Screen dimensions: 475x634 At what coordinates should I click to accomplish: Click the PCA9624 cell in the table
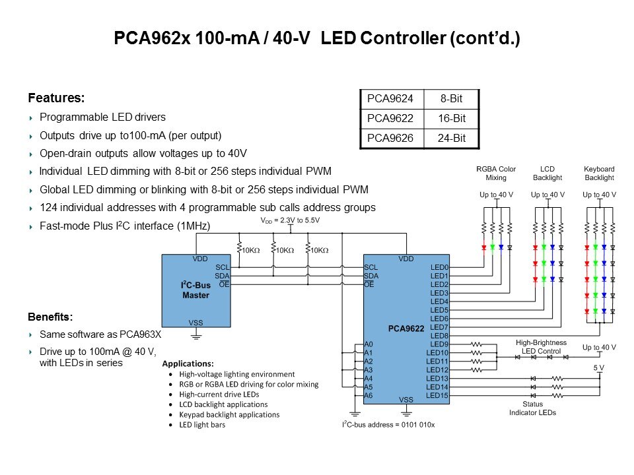(x=390, y=100)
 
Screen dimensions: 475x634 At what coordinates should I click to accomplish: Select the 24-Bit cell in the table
(x=450, y=139)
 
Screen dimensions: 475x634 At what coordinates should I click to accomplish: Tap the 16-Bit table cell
(x=450, y=119)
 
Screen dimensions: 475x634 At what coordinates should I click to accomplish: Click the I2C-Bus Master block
(x=195, y=291)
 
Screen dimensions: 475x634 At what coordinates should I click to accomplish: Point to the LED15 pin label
(x=437, y=395)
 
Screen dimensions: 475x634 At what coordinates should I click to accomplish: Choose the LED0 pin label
(x=439, y=267)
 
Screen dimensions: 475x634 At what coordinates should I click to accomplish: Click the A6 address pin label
(x=369, y=395)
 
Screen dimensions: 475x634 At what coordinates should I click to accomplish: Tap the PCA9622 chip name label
(x=405, y=328)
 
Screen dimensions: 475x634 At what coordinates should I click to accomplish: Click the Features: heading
(x=56, y=98)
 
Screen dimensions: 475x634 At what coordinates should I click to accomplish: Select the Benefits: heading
(x=50, y=317)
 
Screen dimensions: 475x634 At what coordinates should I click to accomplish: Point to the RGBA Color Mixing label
(x=496, y=174)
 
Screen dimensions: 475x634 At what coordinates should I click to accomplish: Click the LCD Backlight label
(x=547, y=174)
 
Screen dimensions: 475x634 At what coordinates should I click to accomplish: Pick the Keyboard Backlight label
(x=599, y=174)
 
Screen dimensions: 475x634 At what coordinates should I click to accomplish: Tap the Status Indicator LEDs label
(x=532, y=408)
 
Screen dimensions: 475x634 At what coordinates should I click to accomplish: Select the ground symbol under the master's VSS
(x=195, y=336)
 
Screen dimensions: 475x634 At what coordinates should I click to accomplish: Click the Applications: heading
(x=188, y=364)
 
